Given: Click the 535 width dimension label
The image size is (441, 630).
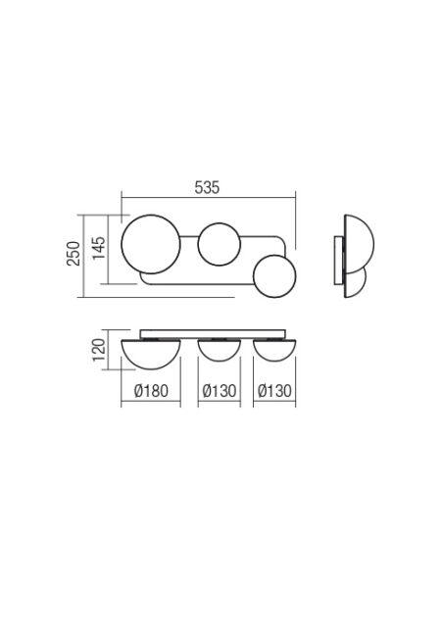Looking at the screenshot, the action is click(x=207, y=188).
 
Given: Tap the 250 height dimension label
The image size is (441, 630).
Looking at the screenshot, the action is click(x=73, y=253).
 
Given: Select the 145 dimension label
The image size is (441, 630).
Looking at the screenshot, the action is click(x=99, y=248).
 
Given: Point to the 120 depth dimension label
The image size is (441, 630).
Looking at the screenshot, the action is click(x=99, y=350).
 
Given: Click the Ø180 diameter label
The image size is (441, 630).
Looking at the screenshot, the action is click(x=151, y=390).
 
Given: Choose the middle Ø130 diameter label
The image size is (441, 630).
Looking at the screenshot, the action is click(x=220, y=390).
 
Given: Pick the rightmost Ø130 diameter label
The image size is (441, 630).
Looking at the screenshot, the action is click(x=274, y=390).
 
